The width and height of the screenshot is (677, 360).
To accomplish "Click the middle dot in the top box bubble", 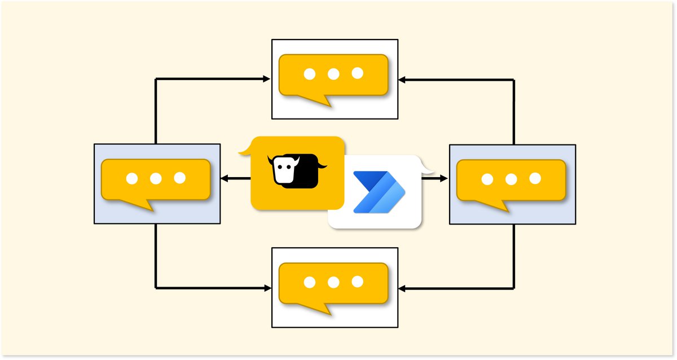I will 333,73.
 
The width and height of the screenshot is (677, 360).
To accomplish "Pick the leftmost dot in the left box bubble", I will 131,178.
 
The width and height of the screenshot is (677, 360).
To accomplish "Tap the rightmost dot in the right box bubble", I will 535,178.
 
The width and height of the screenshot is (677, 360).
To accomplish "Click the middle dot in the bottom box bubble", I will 333,282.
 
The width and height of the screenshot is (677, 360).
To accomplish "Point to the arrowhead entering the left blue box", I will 224,179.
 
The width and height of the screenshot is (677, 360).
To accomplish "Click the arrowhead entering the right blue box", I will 443,179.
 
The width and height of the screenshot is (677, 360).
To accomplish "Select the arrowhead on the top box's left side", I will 267,80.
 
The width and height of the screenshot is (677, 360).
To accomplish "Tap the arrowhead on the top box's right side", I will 402,80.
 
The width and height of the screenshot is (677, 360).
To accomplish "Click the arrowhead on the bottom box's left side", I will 267,288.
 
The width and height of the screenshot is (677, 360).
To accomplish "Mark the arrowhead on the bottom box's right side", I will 402,288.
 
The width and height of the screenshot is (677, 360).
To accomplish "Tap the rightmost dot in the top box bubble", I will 357,73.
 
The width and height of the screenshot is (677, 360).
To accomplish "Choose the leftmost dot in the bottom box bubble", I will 309,282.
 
